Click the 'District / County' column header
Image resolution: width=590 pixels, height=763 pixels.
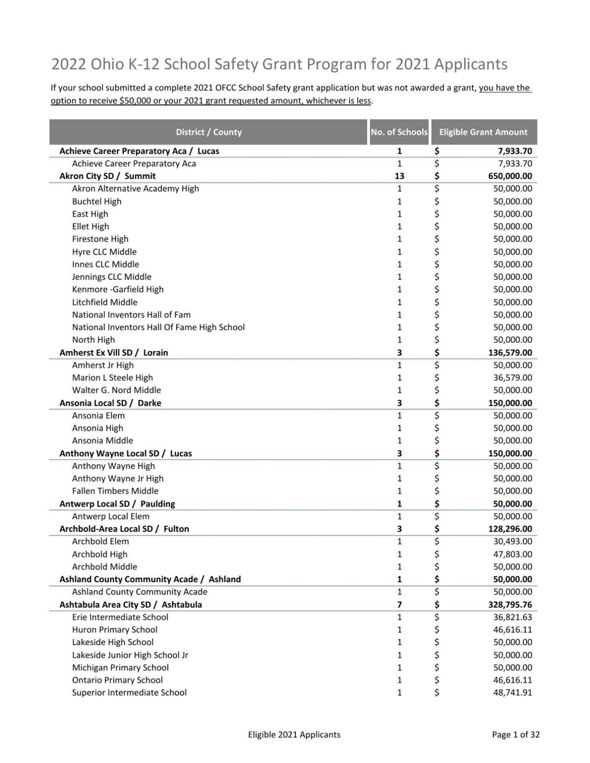[208, 132]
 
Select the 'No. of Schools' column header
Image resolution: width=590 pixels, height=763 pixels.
[399, 132]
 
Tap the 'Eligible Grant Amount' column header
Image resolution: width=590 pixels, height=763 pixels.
[483, 132]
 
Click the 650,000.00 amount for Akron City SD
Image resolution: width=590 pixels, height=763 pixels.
[510, 176]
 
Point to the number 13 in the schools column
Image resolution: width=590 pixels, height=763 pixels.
[399, 176]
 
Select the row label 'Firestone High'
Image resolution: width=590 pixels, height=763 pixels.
[100, 239]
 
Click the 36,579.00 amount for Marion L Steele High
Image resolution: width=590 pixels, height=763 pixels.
[512, 378]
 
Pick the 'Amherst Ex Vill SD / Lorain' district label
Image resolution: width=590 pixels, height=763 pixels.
[114, 352]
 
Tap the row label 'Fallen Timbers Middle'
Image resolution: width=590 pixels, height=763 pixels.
[115, 491]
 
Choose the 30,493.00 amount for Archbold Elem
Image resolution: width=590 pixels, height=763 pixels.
[512, 541]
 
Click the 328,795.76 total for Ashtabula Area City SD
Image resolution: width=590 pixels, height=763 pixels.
[510, 605]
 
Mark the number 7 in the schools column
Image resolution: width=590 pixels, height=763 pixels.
[399, 605]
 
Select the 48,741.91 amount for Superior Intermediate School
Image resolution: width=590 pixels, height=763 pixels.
[512, 693]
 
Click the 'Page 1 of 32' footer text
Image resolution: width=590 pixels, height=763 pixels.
[515, 734]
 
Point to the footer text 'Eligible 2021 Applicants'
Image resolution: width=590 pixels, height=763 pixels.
[294, 734]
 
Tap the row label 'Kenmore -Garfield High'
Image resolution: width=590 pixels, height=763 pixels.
[118, 290]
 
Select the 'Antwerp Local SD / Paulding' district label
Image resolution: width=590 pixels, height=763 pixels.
[117, 504]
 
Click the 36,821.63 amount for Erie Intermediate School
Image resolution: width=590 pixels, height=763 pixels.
[512, 617]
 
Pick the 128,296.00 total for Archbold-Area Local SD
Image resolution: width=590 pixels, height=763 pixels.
[510, 529]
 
